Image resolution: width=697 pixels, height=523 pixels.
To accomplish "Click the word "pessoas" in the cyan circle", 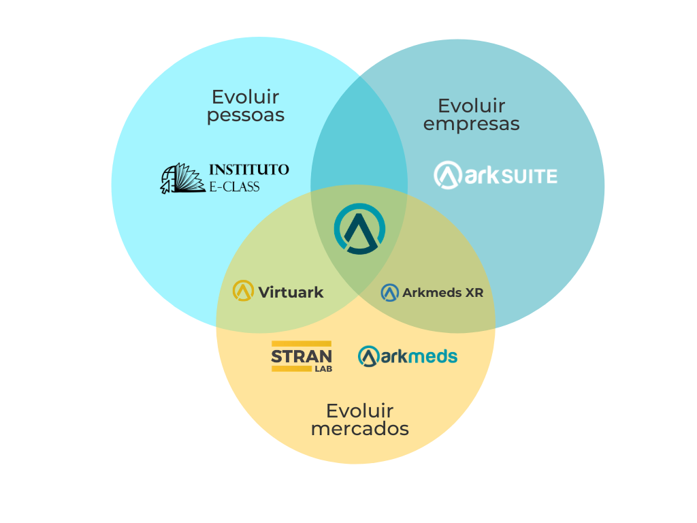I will click(245, 116).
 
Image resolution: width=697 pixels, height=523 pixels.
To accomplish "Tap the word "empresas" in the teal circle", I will click(471, 125).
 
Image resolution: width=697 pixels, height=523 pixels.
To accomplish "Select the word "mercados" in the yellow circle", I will click(359, 429).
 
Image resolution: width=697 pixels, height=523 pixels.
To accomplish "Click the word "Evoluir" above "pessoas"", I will click(245, 97).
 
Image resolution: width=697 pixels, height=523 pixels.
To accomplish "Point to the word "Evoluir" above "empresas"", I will click(471, 106).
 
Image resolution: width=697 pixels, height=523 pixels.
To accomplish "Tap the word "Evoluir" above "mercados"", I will click(359, 411).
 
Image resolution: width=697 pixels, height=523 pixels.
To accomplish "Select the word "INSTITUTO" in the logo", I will click(248, 170).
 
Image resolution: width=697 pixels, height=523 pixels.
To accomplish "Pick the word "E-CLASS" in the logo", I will click(234, 186).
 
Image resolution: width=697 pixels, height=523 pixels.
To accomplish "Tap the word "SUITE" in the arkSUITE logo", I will click(530, 177).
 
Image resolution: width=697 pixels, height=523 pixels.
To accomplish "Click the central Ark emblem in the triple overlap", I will click(359, 229).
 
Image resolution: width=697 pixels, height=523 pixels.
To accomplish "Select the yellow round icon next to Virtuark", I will click(243, 291).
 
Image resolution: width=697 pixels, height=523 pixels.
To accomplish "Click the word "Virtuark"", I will click(291, 293).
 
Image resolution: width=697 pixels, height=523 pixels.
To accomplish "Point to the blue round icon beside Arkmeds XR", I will click(389, 293).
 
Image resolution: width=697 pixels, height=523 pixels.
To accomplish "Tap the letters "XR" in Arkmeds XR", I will click(474, 293).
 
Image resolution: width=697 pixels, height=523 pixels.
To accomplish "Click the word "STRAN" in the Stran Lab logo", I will click(301, 356).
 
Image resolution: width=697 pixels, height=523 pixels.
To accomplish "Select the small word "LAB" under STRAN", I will click(323, 369).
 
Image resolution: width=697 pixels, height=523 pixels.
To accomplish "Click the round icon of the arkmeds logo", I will click(368, 356).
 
